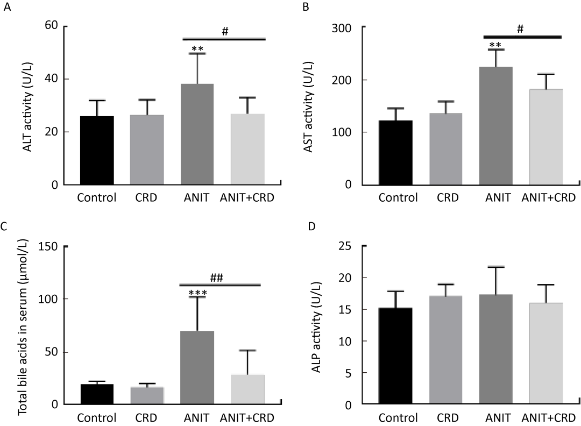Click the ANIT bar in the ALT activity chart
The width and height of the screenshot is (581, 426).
coord(197,134)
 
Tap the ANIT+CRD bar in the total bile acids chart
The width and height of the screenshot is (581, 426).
coord(247,389)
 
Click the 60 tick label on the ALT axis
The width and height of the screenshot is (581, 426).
coord(52,26)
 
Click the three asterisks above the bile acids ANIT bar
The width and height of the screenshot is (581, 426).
coord(197,293)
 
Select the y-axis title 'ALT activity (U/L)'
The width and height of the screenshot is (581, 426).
coord(27,105)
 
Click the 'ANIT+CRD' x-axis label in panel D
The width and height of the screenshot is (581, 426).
coord(548,418)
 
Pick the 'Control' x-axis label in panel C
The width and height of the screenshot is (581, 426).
coord(97,418)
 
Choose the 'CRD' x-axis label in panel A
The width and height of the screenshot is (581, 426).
coord(147,197)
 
